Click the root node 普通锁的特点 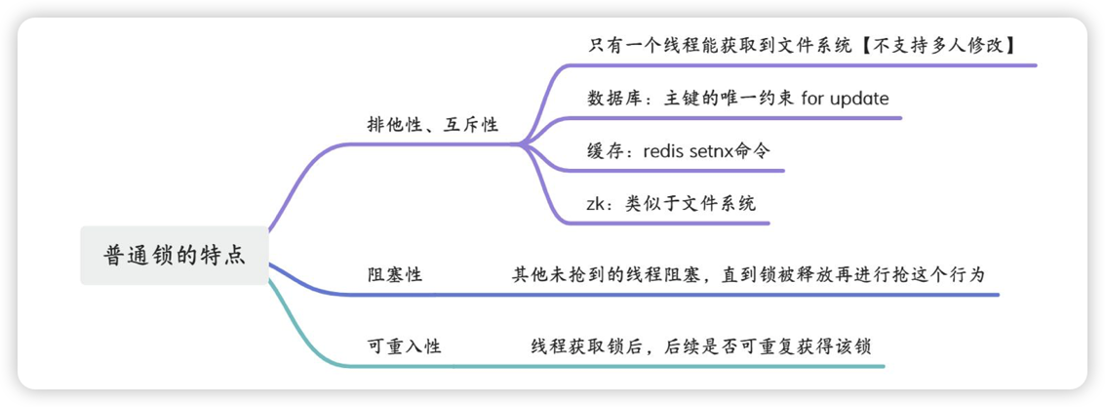click(x=174, y=256)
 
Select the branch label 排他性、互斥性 click(x=432, y=125)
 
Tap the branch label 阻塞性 click(x=394, y=275)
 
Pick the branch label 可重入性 click(x=404, y=346)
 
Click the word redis click(x=672, y=151)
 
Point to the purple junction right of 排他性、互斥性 click(x=523, y=143)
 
